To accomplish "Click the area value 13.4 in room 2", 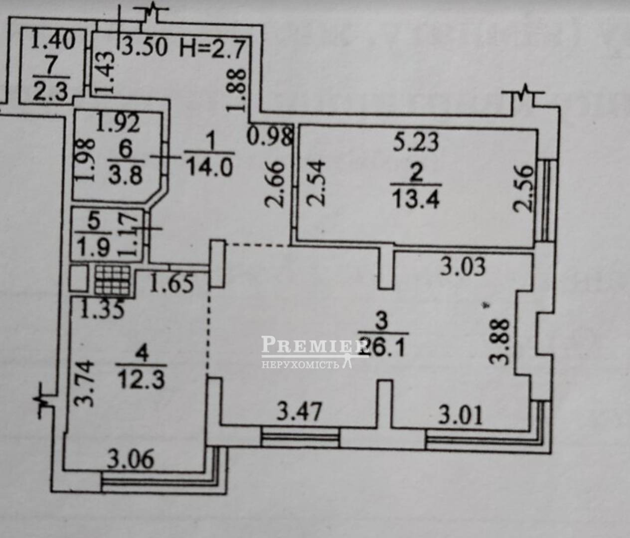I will pos(415,199).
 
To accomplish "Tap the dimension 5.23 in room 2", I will pos(416,142).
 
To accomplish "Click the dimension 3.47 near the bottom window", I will pos(299,412).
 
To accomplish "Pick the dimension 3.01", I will pos(461,414).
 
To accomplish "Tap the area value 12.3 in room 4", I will pos(141,380).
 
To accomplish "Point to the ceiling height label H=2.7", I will pos(213,48).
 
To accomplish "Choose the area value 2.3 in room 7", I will pos(50,92).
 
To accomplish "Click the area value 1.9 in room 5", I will pos(94,246).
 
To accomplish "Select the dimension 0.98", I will pos(269,135).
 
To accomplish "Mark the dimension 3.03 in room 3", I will pos(463,267).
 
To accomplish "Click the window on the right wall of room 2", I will pos(547,199).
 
